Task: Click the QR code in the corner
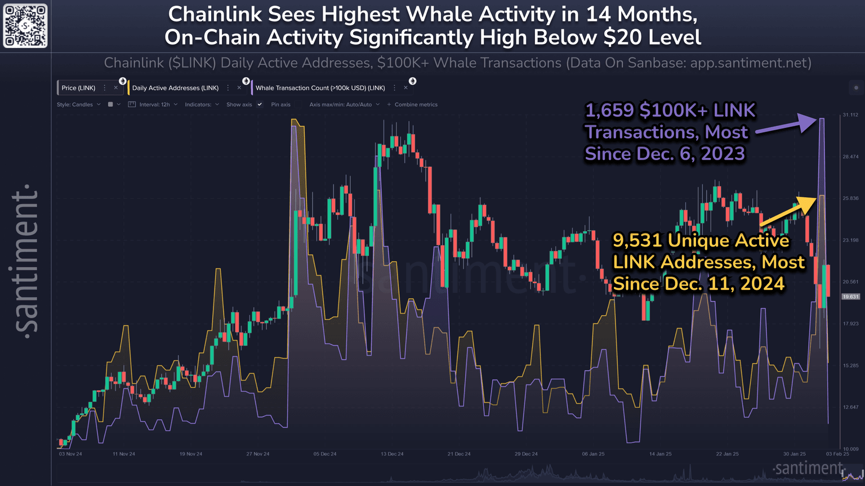25,26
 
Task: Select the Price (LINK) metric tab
78,88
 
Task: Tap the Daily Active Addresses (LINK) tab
175,88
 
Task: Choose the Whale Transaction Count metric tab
320,88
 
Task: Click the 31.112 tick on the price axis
850,115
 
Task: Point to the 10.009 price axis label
850,449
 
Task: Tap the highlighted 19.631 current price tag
850,297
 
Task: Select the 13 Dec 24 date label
392,454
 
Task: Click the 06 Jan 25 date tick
593,454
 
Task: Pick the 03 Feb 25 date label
837,454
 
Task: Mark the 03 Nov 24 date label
70,454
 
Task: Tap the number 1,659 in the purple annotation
609,111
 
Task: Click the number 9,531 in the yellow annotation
637,241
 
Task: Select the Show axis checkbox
260,105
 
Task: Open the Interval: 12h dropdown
153,105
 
